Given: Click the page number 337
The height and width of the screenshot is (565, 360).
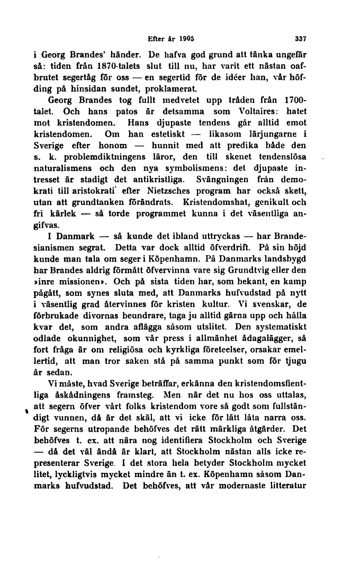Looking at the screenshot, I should [301, 39].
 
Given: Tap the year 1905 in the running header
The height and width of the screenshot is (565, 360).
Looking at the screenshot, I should [187, 39].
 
